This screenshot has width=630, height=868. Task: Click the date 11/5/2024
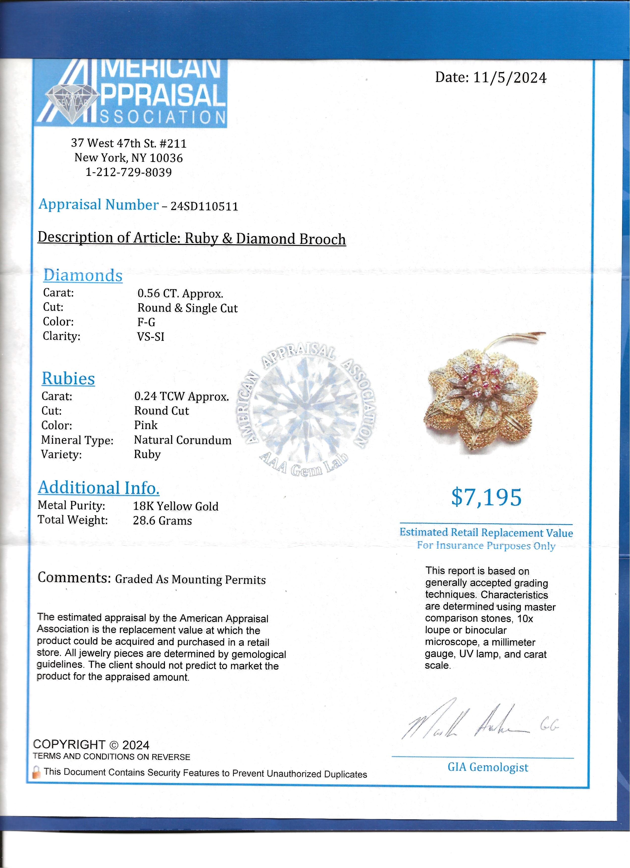coord(510,78)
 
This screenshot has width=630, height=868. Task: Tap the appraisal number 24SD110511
coord(204,207)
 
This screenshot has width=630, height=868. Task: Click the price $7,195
coord(486,497)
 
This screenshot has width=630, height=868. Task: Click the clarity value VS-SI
coord(151,337)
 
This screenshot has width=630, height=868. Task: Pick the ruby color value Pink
coord(146,425)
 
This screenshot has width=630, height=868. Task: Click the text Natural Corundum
coord(183,440)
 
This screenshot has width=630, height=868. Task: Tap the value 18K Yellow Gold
coord(176,506)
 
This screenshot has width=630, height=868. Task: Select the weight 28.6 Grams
coord(162,521)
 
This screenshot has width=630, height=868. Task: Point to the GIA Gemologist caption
coord(488,767)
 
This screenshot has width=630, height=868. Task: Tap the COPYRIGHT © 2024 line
coord(91,745)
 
